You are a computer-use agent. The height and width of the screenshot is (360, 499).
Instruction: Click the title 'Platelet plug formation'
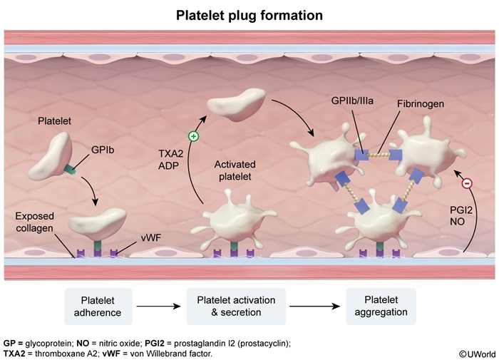pyautogui.click(x=249, y=15)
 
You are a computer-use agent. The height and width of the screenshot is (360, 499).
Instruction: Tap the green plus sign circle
pyautogui.click(x=193, y=136)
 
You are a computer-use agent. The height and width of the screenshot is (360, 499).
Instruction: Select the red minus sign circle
pyautogui.click(x=467, y=183)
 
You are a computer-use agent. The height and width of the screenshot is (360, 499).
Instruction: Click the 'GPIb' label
pyautogui.click(x=103, y=150)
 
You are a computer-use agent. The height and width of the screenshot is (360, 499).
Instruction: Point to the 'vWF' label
pyautogui.click(x=151, y=237)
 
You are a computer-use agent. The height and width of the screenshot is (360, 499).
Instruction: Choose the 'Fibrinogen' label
pyautogui.click(x=421, y=104)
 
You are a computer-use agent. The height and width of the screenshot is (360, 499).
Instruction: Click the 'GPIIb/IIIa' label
pyautogui.click(x=352, y=101)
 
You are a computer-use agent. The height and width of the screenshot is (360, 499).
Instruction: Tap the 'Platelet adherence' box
pyautogui.click(x=98, y=307)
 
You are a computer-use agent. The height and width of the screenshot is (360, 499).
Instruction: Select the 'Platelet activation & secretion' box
pyautogui.click(x=236, y=307)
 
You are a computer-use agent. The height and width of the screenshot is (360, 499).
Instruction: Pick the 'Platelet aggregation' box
pyautogui.click(x=381, y=307)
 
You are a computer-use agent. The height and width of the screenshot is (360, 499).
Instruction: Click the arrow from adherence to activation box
pyautogui.click(x=158, y=307)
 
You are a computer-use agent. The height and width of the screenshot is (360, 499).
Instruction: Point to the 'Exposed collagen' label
pyautogui.click(x=35, y=222)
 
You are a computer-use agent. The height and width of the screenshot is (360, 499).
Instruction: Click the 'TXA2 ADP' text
pyautogui.click(x=171, y=160)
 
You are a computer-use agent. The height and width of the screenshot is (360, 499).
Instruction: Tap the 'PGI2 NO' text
pyautogui.click(x=461, y=216)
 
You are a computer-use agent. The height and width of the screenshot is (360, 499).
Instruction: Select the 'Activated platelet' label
pyautogui.click(x=235, y=170)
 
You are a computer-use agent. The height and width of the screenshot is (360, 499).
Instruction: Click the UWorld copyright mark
pyautogui.click(x=477, y=354)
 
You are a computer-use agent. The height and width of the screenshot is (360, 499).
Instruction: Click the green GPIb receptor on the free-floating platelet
pyautogui.click(x=70, y=170)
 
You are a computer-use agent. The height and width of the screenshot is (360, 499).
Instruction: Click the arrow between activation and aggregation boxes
pyautogui.click(x=314, y=307)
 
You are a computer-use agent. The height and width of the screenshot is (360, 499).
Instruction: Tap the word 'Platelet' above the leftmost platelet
pyautogui.click(x=54, y=121)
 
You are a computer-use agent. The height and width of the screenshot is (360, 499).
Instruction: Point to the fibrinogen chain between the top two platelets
pyautogui.click(x=379, y=155)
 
